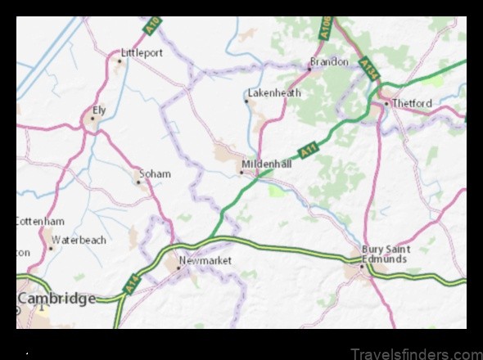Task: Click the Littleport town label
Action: click(x=142, y=52)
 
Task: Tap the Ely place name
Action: click(x=100, y=109)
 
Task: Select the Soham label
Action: click(x=155, y=173)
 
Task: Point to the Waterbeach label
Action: click(x=79, y=241)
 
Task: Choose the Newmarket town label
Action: click(x=205, y=260)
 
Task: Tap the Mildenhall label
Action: click(x=266, y=164)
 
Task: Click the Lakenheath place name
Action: click(x=274, y=93)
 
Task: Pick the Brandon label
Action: click(x=328, y=61)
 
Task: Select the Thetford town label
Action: click(x=412, y=103)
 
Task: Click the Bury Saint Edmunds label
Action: click(x=384, y=254)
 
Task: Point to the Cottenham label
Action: click(x=40, y=221)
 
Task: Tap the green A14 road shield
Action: click(x=132, y=284)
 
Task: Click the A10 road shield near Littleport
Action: click(x=150, y=28)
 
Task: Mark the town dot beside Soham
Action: click(x=138, y=182)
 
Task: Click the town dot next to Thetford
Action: click(x=386, y=104)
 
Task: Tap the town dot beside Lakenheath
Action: click(x=247, y=101)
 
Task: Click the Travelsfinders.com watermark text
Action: click(x=417, y=353)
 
